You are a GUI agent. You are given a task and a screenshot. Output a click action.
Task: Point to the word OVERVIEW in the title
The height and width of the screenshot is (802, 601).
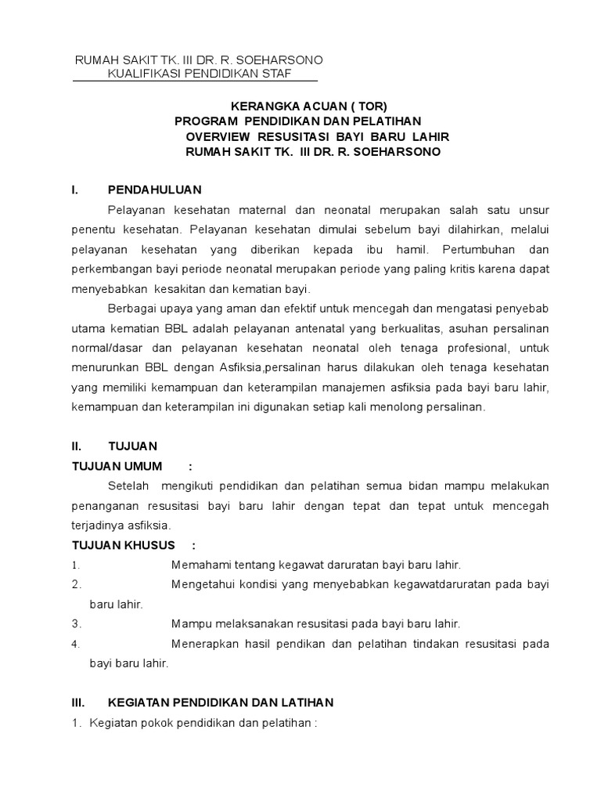pos(218,136)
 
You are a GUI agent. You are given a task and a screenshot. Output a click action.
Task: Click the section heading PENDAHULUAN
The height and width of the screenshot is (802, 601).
pos(155,190)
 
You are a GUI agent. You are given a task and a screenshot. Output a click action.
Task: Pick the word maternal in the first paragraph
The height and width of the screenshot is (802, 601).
pos(261,210)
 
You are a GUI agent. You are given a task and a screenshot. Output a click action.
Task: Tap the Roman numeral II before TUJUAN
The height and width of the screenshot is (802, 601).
pos(76,446)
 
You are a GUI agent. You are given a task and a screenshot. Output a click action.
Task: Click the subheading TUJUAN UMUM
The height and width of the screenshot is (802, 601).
pos(117,467)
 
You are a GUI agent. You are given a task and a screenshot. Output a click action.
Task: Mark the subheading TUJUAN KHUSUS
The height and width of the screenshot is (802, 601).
pos(123,545)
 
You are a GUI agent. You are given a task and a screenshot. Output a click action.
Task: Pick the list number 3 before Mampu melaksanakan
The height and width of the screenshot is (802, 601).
pos(75,624)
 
